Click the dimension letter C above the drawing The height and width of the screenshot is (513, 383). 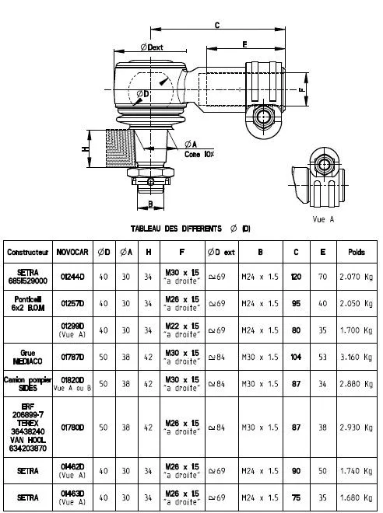[x=216, y=25]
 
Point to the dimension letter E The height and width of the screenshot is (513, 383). [x=244, y=44]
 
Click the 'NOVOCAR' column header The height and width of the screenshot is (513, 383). [x=71, y=253]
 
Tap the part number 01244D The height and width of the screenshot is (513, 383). [x=71, y=277]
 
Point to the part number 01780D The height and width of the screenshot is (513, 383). [x=71, y=426]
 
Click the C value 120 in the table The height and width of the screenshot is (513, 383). [x=296, y=277]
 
